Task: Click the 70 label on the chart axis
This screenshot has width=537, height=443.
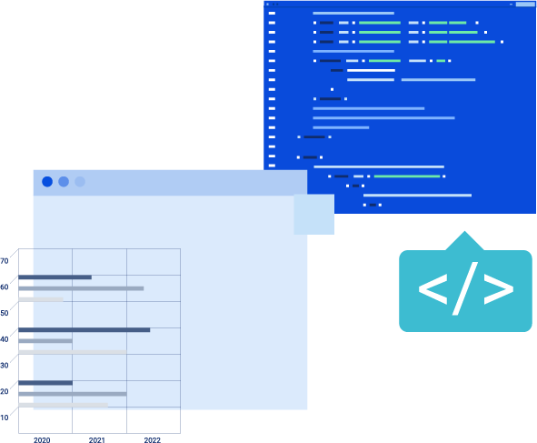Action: coord(5,261)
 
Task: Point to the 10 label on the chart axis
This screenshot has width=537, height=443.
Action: coord(5,418)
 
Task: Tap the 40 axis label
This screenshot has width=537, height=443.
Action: coord(5,339)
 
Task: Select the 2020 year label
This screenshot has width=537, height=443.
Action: coord(42,440)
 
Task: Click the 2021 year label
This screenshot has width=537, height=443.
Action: coord(97,440)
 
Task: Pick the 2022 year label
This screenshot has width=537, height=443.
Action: coord(153,440)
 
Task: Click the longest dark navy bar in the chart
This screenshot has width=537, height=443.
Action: coord(85,330)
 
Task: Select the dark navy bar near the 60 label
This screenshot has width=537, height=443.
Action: coord(55,277)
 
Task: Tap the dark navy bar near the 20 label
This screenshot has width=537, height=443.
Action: coord(45,383)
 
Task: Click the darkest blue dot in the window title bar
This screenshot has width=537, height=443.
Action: coord(47,182)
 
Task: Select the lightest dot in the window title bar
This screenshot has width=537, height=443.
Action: coord(80,182)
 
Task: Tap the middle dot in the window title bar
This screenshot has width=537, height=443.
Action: coord(64,182)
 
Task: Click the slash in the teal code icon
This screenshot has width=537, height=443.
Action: coord(465,288)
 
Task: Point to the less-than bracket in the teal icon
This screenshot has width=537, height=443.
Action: coord(433,288)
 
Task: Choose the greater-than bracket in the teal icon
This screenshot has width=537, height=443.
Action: coord(499,288)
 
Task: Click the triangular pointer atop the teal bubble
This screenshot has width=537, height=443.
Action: coord(464,241)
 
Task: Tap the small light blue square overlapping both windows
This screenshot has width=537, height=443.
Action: coord(314,215)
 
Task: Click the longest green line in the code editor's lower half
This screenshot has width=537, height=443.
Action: coord(407,176)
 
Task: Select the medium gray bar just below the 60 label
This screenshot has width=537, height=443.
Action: coord(81,288)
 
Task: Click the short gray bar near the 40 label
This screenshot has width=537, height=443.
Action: coord(45,341)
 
